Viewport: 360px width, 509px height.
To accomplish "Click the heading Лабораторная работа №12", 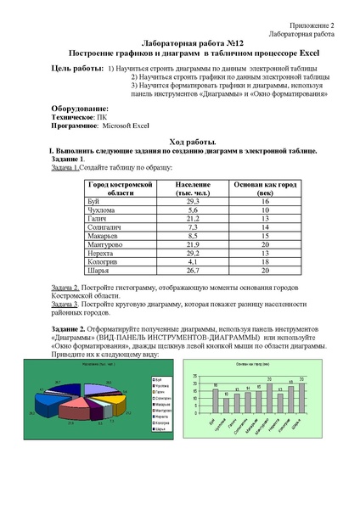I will [180, 42].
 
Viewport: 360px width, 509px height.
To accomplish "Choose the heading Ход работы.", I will [180, 141].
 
